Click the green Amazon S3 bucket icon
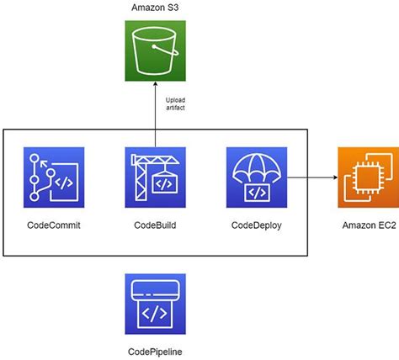point(155,53)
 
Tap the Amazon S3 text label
point(155,8)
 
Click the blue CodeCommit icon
point(54,177)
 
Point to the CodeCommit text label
point(54,226)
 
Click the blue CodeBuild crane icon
point(155,177)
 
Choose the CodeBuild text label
point(155,226)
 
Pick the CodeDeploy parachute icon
point(257,177)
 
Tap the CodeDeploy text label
point(257,226)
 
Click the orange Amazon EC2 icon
point(368,177)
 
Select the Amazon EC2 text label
point(368,226)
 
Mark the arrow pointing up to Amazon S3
point(155,105)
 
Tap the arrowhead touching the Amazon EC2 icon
point(333,177)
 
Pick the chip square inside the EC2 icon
point(368,177)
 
